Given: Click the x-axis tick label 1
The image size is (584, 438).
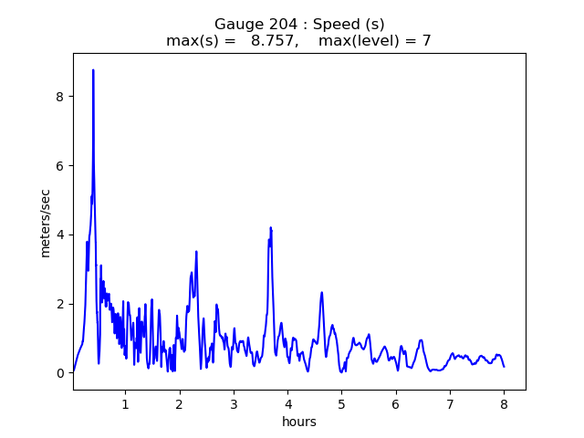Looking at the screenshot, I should click(x=125, y=403).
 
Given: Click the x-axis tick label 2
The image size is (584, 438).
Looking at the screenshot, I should click(x=180, y=403).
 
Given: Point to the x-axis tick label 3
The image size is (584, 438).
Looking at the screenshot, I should click(x=234, y=403).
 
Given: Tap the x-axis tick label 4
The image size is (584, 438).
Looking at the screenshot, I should click(x=287, y=403).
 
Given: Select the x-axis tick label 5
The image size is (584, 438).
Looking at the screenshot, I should click(x=341, y=403).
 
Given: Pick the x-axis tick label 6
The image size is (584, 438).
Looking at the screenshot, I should click(x=396, y=403).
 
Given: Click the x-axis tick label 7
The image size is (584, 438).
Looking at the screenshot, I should click(x=450, y=403).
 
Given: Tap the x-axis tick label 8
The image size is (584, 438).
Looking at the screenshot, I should click(x=504, y=403).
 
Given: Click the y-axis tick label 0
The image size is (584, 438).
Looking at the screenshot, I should click(x=61, y=373).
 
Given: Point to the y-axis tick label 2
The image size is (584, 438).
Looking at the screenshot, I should click(x=61, y=304).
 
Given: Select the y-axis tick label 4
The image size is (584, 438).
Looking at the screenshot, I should click(x=61, y=235).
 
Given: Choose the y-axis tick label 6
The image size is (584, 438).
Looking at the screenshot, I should click(x=61, y=165).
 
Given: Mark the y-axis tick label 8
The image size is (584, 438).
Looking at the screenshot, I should click(x=61, y=96).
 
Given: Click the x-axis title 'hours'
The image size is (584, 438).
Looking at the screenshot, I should click(x=299, y=422).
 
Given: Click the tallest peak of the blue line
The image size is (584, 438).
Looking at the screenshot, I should click(x=93, y=70).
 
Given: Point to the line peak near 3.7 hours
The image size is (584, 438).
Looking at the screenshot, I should click(x=270, y=228).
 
